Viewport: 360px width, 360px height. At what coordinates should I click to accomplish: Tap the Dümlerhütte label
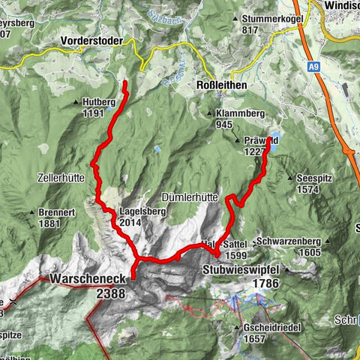[x=190, y=197]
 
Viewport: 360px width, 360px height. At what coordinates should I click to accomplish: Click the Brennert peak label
[x=58, y=213]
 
